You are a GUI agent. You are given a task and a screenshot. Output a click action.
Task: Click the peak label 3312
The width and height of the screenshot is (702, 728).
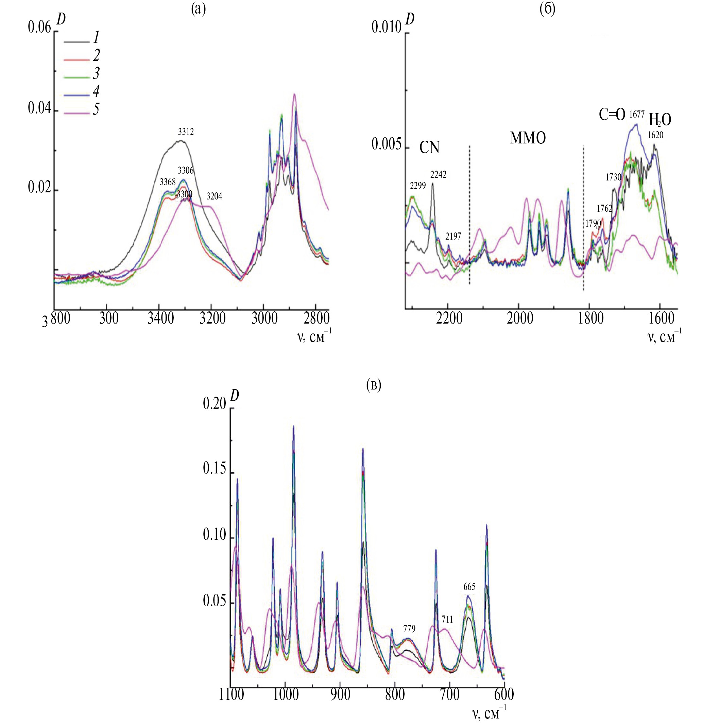pyautogui.click(x=186, y=132)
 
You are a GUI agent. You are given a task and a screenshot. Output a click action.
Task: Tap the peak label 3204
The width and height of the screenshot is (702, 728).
pyautogui.click(x=214, y=196)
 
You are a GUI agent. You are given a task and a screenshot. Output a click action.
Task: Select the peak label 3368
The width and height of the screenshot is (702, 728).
pyautogui.click(x=168, y=182)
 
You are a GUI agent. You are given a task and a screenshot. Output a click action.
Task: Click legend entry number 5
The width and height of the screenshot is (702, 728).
pyautogui.click(x=96, y=109)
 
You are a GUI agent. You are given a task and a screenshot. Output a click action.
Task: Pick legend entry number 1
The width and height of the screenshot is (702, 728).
pyautogui.click(x=96, y=37)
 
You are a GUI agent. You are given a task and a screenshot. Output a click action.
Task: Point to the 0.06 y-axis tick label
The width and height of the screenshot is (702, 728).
pyautogui.click(x=39, y=28)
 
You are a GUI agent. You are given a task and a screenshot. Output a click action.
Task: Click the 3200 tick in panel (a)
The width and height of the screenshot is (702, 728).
pyautogui.click(x=212, y=319)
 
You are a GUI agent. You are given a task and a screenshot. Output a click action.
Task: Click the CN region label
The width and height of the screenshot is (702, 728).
pyautogui.click(x=429, y=148)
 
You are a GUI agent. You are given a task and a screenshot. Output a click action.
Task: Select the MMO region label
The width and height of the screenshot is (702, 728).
pyautogui.click(x=528, y=138)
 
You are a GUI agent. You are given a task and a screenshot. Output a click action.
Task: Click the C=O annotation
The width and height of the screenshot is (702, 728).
pyautogui.click(x=612, y=115)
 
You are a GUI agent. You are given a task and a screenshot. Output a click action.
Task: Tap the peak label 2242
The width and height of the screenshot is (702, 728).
pyautogui.click(x=438, y=175)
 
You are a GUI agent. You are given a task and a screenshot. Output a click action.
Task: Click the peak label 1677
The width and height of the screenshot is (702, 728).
pyautogui.click(x=637, y=115)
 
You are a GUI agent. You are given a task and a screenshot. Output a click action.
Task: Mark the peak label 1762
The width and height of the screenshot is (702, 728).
pyautogui.click(x=604, y=208)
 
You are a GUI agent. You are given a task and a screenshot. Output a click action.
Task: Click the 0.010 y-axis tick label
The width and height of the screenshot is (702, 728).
pyautogui.click(x=386, y=28)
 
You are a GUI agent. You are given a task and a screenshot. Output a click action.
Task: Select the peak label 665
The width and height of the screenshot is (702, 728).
pyautogui.click(x=469, y=587)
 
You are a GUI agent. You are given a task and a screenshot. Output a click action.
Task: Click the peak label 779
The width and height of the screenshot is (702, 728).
pyautogui.click(x=409, y=629)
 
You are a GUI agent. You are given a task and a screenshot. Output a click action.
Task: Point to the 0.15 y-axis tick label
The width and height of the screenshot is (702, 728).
pyautogui.click(x=214, y=469)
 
